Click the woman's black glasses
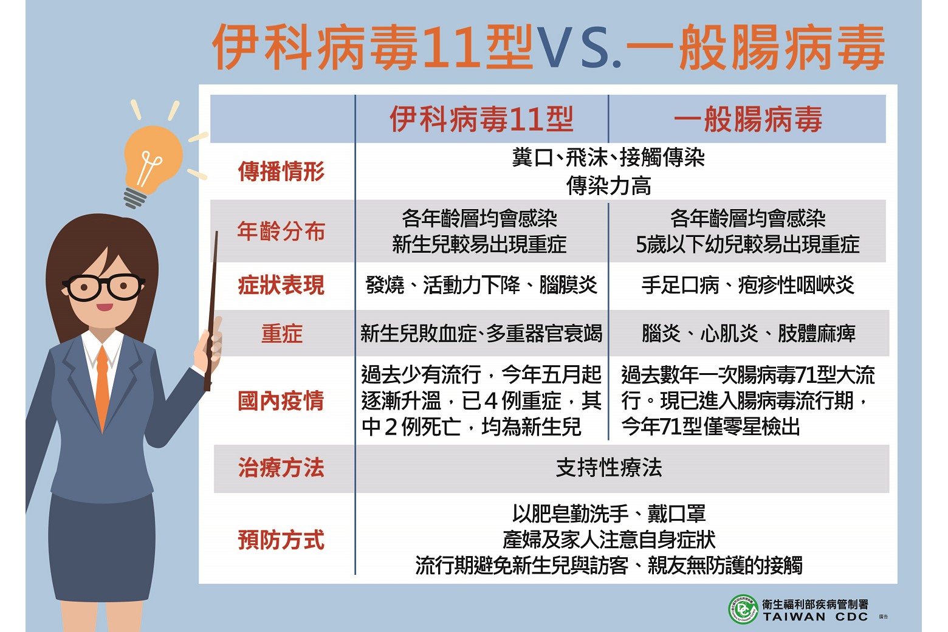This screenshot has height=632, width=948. [x=104, y=287]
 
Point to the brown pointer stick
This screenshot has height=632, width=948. [x=211, y=311]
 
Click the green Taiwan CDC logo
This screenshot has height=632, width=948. [x=743, y=609]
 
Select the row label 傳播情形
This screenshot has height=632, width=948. [x=281, y=171]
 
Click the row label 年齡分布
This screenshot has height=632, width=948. [x=281, y=231]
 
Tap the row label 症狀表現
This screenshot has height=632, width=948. [x=281, y=285]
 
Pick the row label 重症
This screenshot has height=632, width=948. [x=282, y=334]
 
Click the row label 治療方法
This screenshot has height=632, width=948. [x=281, y=468]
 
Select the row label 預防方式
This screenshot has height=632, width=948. [x=281, y=540]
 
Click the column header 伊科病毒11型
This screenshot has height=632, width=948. [x=482, y=119]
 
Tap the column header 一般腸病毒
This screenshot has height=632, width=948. [x=748, y=119]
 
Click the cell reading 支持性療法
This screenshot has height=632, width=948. [x=608, y=468]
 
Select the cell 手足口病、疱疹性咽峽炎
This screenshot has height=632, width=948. [x=748, y=285]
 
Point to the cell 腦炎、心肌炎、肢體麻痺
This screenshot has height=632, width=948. [x=748, y=334]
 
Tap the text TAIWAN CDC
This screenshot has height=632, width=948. [x=816, y=617]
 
